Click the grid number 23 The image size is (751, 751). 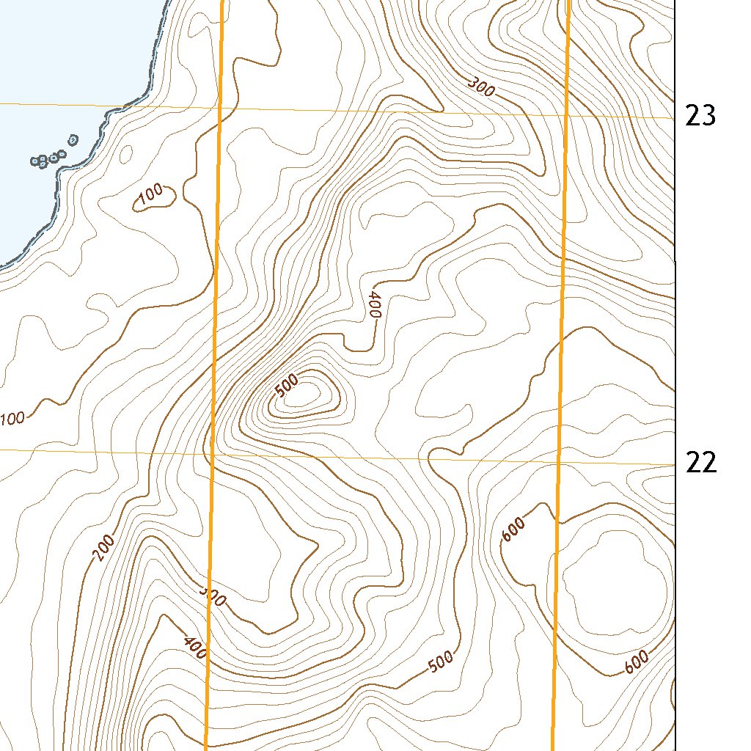(x=700, y=116)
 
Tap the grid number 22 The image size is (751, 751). (x=700, y=463)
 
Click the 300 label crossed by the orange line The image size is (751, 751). (x=213, y=598)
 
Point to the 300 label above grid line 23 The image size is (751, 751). (x=481, y=88)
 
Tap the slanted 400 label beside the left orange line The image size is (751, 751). (x=194, y=646)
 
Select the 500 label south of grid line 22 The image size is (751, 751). (x=441, y=662)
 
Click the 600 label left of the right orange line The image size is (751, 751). (x=513, y=530)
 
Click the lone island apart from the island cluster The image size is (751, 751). (x=73, y=139)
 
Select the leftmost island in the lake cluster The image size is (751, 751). (x=36, y=161)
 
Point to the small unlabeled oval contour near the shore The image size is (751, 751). (x=125, y=155)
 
